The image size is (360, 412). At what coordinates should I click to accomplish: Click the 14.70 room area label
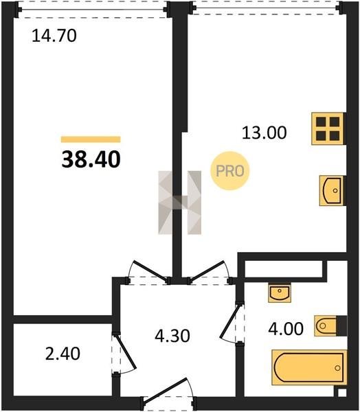(x=54, y=36)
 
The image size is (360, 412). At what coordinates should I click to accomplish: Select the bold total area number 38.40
(x=91, y=159)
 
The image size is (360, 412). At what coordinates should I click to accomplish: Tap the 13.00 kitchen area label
(x=264, y=133)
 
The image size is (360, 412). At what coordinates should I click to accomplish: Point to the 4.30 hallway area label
(x=172, y=336)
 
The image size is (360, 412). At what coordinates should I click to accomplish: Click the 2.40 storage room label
(x=63, y=354)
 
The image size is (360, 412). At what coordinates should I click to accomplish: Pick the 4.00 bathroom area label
(x=286, y=329)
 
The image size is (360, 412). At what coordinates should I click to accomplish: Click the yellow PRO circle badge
(x=230, y=171)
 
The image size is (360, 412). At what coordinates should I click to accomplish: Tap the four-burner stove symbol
(x=328, y=129)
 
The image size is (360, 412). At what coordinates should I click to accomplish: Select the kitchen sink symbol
(x=332, y=190)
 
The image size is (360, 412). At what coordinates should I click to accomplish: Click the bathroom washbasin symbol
(x=280, y=293)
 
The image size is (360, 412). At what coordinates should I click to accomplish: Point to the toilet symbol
(x=330, y=325)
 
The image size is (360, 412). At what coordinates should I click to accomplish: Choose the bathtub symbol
(x=309, y=367)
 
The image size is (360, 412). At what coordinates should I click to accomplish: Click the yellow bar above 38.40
(x=91, y=139)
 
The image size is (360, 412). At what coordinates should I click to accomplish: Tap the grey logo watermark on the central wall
(x=180, y=203)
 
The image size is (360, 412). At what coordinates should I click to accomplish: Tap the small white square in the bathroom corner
(x=341, y=393)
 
